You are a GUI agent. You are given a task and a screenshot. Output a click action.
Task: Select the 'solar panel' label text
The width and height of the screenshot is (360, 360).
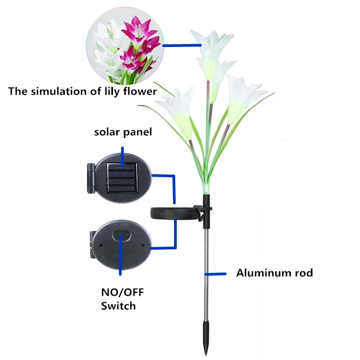(123, 132)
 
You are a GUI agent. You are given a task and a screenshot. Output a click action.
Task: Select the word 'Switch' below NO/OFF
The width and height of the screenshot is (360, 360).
(118, 306)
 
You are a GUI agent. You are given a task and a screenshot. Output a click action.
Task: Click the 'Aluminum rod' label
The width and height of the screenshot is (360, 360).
(274, 272)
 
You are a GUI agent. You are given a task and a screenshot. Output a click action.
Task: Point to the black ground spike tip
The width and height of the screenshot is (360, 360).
(206, 341)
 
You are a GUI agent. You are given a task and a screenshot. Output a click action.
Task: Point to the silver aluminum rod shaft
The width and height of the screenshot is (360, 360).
(206, 270)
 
